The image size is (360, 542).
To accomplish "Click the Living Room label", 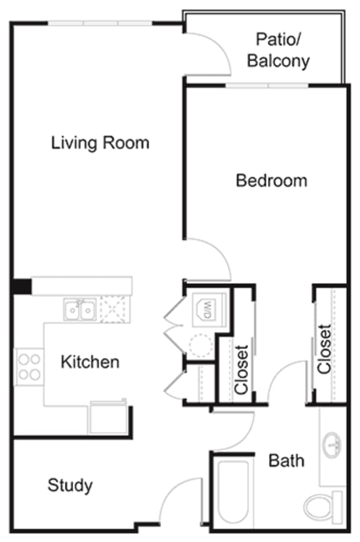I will pyautogui.click(x=100, y=143).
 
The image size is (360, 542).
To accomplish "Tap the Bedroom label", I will pyautogui.click(x=271, y=181).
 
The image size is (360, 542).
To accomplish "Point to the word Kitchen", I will pyautogui.click(x=89, y=361).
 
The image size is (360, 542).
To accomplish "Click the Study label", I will pyautogui.click(x=70, y=484).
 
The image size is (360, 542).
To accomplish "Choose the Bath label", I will pyautogui.click(x=286, y=461).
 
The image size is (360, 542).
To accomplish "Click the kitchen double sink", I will pyautogui.click(x=80, y=309).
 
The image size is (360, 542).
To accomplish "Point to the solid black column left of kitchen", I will pyautogui.click(x=21, y=286).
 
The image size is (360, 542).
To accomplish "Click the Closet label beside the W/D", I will pyautogui.click(x=242, y=369).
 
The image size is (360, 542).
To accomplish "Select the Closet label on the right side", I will pyautogui.click(x=324, y=349).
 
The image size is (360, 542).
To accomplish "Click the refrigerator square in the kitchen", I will pyautogui.click(x=109, y=418).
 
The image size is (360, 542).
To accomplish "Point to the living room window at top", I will pyautogui.click(x=100, y=23).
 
